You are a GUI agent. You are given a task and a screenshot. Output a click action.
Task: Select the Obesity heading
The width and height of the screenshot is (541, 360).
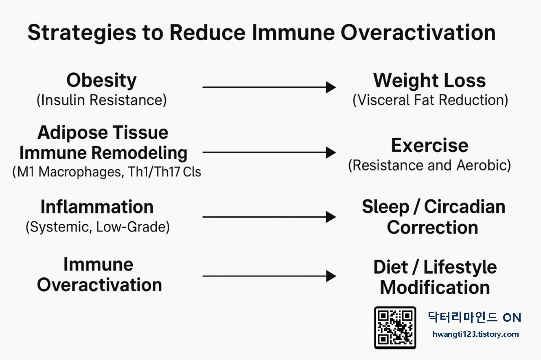pyautogui.click(x=101, y=81)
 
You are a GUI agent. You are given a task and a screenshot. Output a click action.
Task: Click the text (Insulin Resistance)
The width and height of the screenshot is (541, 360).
pyautogui.click(x=101, y=100)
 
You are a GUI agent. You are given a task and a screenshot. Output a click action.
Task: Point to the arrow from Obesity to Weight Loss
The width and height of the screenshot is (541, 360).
pyautogui.click(x=269, y=87)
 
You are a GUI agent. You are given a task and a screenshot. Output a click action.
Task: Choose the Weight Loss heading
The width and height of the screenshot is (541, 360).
pyautogui.click(x=429, y=81)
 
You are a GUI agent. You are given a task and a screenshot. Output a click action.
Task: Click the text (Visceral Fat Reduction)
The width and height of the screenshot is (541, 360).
pyautogui.click(x=430, y=100)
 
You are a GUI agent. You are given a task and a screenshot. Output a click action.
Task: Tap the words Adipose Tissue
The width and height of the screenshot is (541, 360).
pyautogui.click(x=103, y=133)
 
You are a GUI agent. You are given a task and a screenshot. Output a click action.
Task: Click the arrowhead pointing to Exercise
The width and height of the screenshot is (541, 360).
pyautogui.click(x=331, y=153)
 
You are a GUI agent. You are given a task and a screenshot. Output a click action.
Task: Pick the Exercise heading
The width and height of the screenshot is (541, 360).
pyautogui.click(x=429, y=146)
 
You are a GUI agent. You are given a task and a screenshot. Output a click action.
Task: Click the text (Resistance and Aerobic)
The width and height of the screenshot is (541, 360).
pyautogui.click(x=429, y=166)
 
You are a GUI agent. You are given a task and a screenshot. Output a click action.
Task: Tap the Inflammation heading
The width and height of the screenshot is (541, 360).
pyautogui.click(x=97, y=207)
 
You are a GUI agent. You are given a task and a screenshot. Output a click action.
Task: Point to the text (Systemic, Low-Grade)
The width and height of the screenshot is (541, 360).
pyautogui.click(x=98, y=227)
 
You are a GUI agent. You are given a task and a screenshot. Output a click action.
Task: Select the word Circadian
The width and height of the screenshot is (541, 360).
pyautogui.click(x=464, y=207)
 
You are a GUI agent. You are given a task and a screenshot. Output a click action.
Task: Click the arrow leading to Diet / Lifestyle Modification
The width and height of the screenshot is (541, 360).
pyautogui.click(x=269, y=277)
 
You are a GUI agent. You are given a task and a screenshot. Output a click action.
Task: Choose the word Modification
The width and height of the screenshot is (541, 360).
pyautogui.click(x=435, y=288)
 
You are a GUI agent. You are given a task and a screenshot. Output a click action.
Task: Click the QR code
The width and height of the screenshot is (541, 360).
pyautogui.click(x=395, y=327)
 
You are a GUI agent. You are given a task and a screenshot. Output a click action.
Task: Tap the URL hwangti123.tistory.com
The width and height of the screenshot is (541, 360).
pyautogui.click(x=475, y=334)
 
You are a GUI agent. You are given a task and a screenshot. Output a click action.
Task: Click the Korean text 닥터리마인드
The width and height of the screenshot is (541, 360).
pyautogui.click(x=462, y=317)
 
